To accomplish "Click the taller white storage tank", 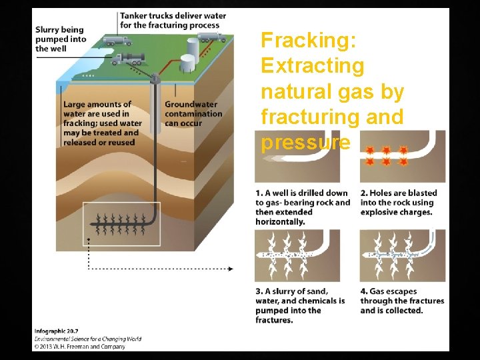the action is click(x=193, y=47).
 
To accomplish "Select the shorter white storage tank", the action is click(x=188, y=63).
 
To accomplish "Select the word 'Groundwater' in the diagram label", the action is click(x=191, y=105).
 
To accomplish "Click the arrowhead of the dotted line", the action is click(x=231, y=269).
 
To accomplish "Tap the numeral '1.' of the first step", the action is click(x=259, y=193).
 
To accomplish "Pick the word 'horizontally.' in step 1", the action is click(x=280, y=221).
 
